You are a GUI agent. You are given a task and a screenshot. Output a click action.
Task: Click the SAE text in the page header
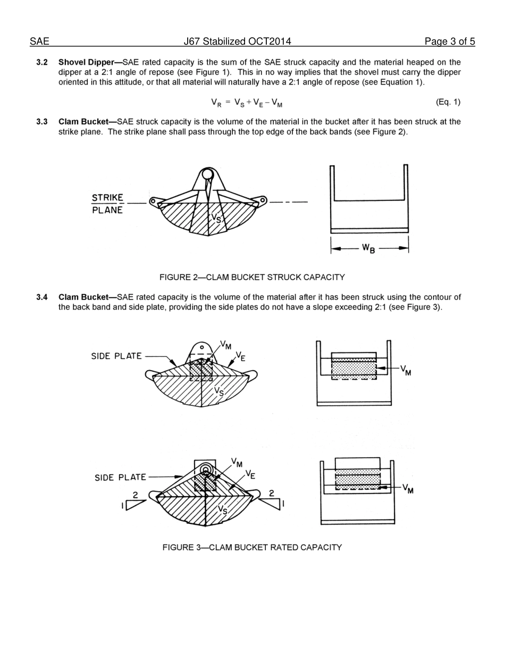click(39, 41)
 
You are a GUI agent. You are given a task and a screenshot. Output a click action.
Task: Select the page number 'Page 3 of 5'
click(450, 41)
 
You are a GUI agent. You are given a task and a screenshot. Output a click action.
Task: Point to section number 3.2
click(42, 62)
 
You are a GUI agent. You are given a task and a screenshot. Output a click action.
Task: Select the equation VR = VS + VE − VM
click(246, 103)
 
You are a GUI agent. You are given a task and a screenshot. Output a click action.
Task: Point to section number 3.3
click(42, 122)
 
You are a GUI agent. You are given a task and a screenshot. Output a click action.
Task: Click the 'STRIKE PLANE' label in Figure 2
click(107, 204)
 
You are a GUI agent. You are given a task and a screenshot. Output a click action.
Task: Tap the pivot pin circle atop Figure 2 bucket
click(208, 174)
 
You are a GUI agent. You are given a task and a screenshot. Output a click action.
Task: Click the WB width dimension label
click(368, 248)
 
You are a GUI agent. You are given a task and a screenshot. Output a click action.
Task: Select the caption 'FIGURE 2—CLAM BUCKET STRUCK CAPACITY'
click(252, 277)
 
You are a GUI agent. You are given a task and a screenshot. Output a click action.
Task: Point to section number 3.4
click(42, 297)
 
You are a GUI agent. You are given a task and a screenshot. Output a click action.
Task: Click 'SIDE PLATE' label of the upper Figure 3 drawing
click(116, 356)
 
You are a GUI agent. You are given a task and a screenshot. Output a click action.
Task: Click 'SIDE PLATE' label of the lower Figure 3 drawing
click(120, 477)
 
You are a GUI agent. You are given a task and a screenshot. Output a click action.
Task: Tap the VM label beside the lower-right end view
click(408, 488)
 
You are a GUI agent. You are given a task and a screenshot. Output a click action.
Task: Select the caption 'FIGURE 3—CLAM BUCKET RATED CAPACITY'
click(252, 547)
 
